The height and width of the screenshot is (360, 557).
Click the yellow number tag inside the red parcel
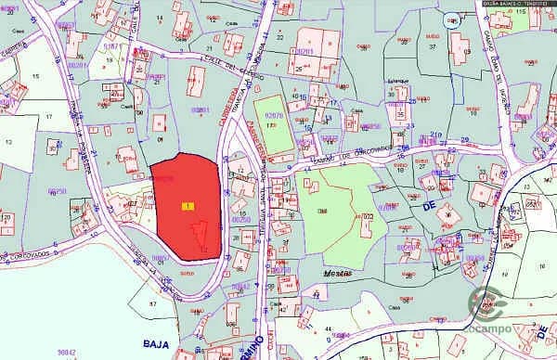click(188, 205)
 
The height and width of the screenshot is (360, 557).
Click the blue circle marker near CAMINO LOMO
click(452, 20)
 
